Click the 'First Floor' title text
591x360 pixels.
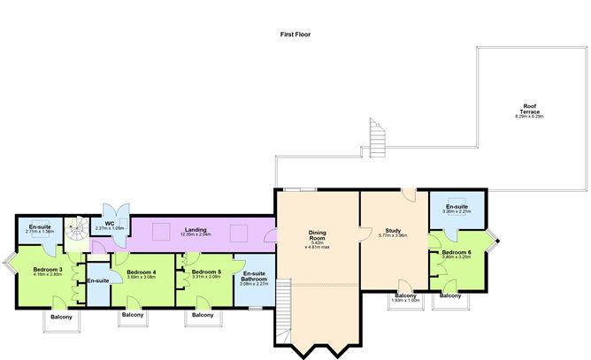coord(295,34)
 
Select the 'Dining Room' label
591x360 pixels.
coord(318,235)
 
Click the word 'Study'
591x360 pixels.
coord(392,229)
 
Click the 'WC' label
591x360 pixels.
coord(110,223)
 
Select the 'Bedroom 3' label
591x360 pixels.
coord(47,269)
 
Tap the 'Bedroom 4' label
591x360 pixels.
coord(141,272)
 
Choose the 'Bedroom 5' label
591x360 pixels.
coord(205,272)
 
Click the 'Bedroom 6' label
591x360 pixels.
coord(457,251)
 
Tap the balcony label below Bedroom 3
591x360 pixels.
coord(61,317)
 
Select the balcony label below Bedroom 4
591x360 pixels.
coord(133,316)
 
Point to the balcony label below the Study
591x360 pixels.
coord(406,295)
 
